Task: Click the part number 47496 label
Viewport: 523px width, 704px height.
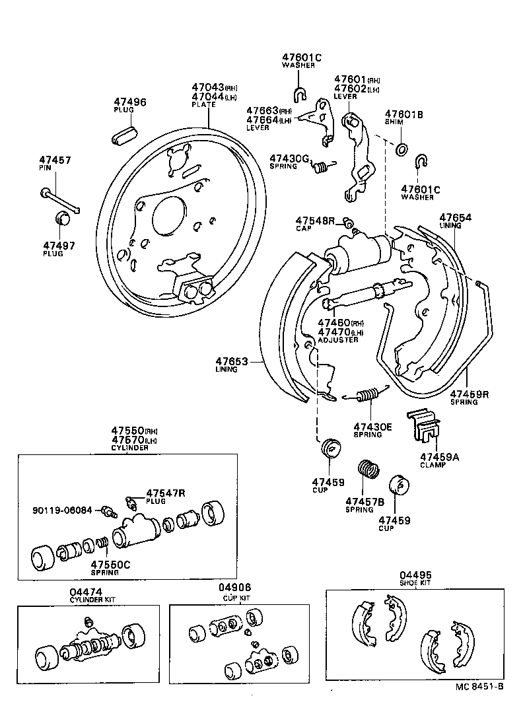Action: [x=129, y=102]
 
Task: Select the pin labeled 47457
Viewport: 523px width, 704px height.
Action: [x=60, y=201]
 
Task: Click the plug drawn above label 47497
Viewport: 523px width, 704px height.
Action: [x=62, y=217]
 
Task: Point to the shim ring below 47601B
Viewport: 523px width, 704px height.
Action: [x=401, y=148]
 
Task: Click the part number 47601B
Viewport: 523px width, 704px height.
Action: [x=404, y=114]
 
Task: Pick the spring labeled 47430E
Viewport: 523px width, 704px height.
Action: [x=366, y=396]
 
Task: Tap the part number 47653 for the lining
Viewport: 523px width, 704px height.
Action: [x=231, y=361]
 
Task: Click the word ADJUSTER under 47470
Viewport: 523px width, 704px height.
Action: [x=337, y=339]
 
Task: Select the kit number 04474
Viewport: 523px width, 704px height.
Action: [x=84, y=592]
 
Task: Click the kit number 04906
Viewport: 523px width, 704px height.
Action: [x=235, y=587]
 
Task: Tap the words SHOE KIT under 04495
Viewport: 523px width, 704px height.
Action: [x=415, y=583]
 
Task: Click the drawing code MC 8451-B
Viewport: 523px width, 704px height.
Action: [x=479, y=686]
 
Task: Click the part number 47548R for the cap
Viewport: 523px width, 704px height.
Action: [x=316, y=220]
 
